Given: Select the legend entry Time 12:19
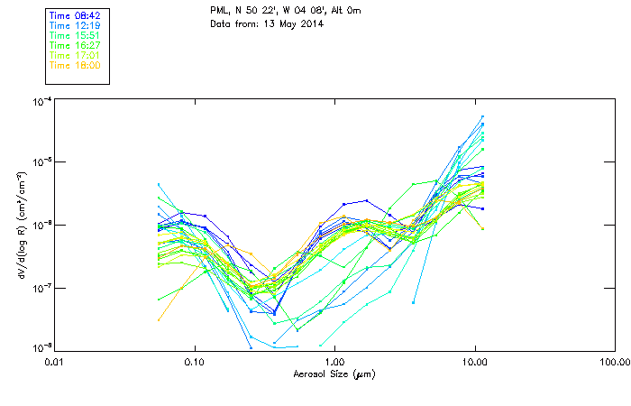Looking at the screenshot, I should click(x=73, y=25).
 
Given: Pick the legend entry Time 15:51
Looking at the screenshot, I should click(x=73, y=33).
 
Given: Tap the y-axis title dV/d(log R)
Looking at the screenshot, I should click(x=20, y=224).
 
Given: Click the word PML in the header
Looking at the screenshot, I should click(x=219, y=10).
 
